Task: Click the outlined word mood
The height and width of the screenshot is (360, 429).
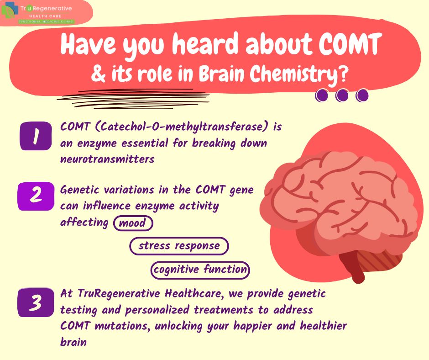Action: [x=133, y=223]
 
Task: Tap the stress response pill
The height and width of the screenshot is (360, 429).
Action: [x=179, y=246]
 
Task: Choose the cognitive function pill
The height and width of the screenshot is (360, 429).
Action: [x=200, y=270]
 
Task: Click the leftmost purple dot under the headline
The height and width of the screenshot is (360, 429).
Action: [x=323, y=95]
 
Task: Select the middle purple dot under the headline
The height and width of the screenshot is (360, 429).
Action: [x=342, y=95]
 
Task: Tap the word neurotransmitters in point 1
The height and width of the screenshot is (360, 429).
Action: [x=107, y=159]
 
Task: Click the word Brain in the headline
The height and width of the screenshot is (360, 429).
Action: [x=226, y=74]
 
